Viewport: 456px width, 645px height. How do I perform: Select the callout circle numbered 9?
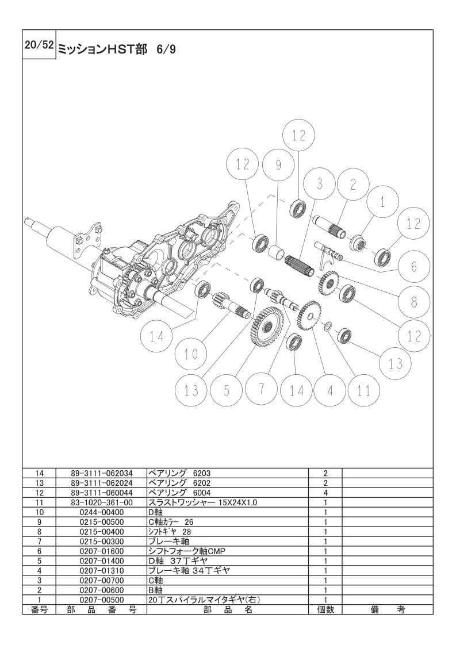tap(278, 166)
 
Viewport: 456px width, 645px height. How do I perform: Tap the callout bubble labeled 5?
tap(227, 390)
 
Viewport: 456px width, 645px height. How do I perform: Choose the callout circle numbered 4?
tap(330, 390)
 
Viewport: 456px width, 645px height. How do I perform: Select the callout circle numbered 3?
tap(320, 185)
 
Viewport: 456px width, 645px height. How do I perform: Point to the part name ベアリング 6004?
tap(175, 493)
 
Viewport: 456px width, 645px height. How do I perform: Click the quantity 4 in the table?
tap(325, 493)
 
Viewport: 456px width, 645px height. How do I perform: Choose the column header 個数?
tap(325, 609)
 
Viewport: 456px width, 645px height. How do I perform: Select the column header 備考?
tap(388, 609)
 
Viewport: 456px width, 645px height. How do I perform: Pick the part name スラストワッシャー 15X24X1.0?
tap(202, 502)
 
